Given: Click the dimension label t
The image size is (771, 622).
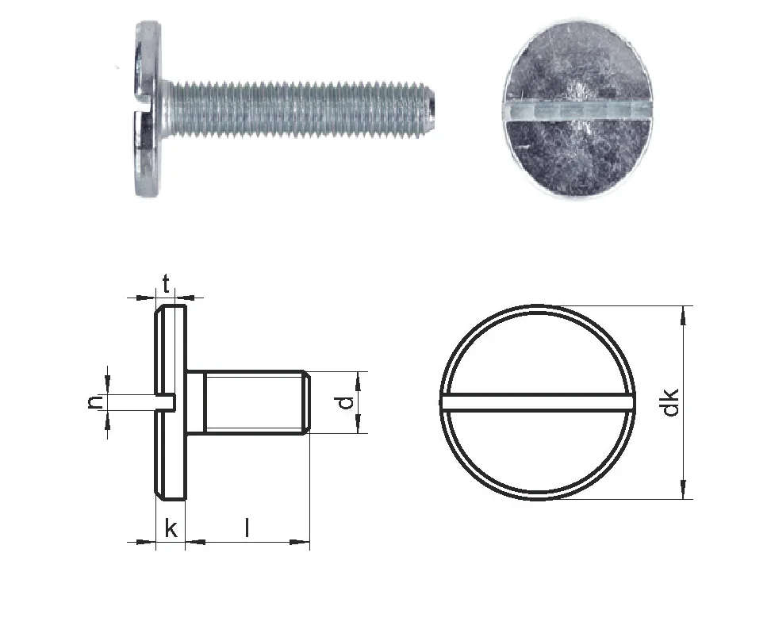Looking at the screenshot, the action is click(x=167, y=284).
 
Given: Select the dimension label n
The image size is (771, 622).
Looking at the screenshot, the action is click(x=95, y=402).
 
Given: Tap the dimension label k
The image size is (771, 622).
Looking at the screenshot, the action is click(x=171, y=528).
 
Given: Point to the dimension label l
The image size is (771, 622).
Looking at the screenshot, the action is click(x=247, y=528).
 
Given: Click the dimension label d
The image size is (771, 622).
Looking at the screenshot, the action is click(x=347, y=402).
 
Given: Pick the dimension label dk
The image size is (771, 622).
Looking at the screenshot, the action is click(x=670, y=402).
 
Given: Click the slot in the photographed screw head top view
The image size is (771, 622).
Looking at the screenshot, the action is click(x=577, y=112).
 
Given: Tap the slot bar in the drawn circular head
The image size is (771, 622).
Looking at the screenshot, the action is click(x=538, y=401).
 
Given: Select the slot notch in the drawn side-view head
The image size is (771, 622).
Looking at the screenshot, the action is click(x=165, y=401).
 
